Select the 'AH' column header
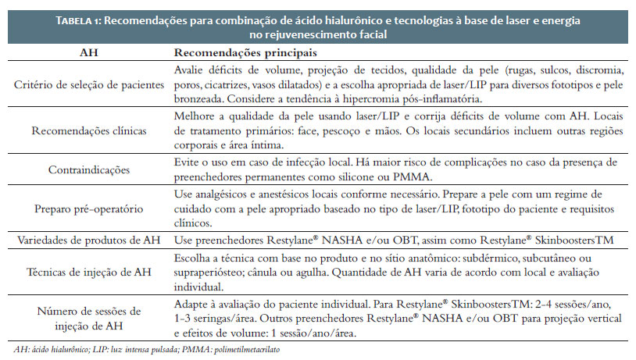point(88,53)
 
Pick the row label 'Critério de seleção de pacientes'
point(88,84)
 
